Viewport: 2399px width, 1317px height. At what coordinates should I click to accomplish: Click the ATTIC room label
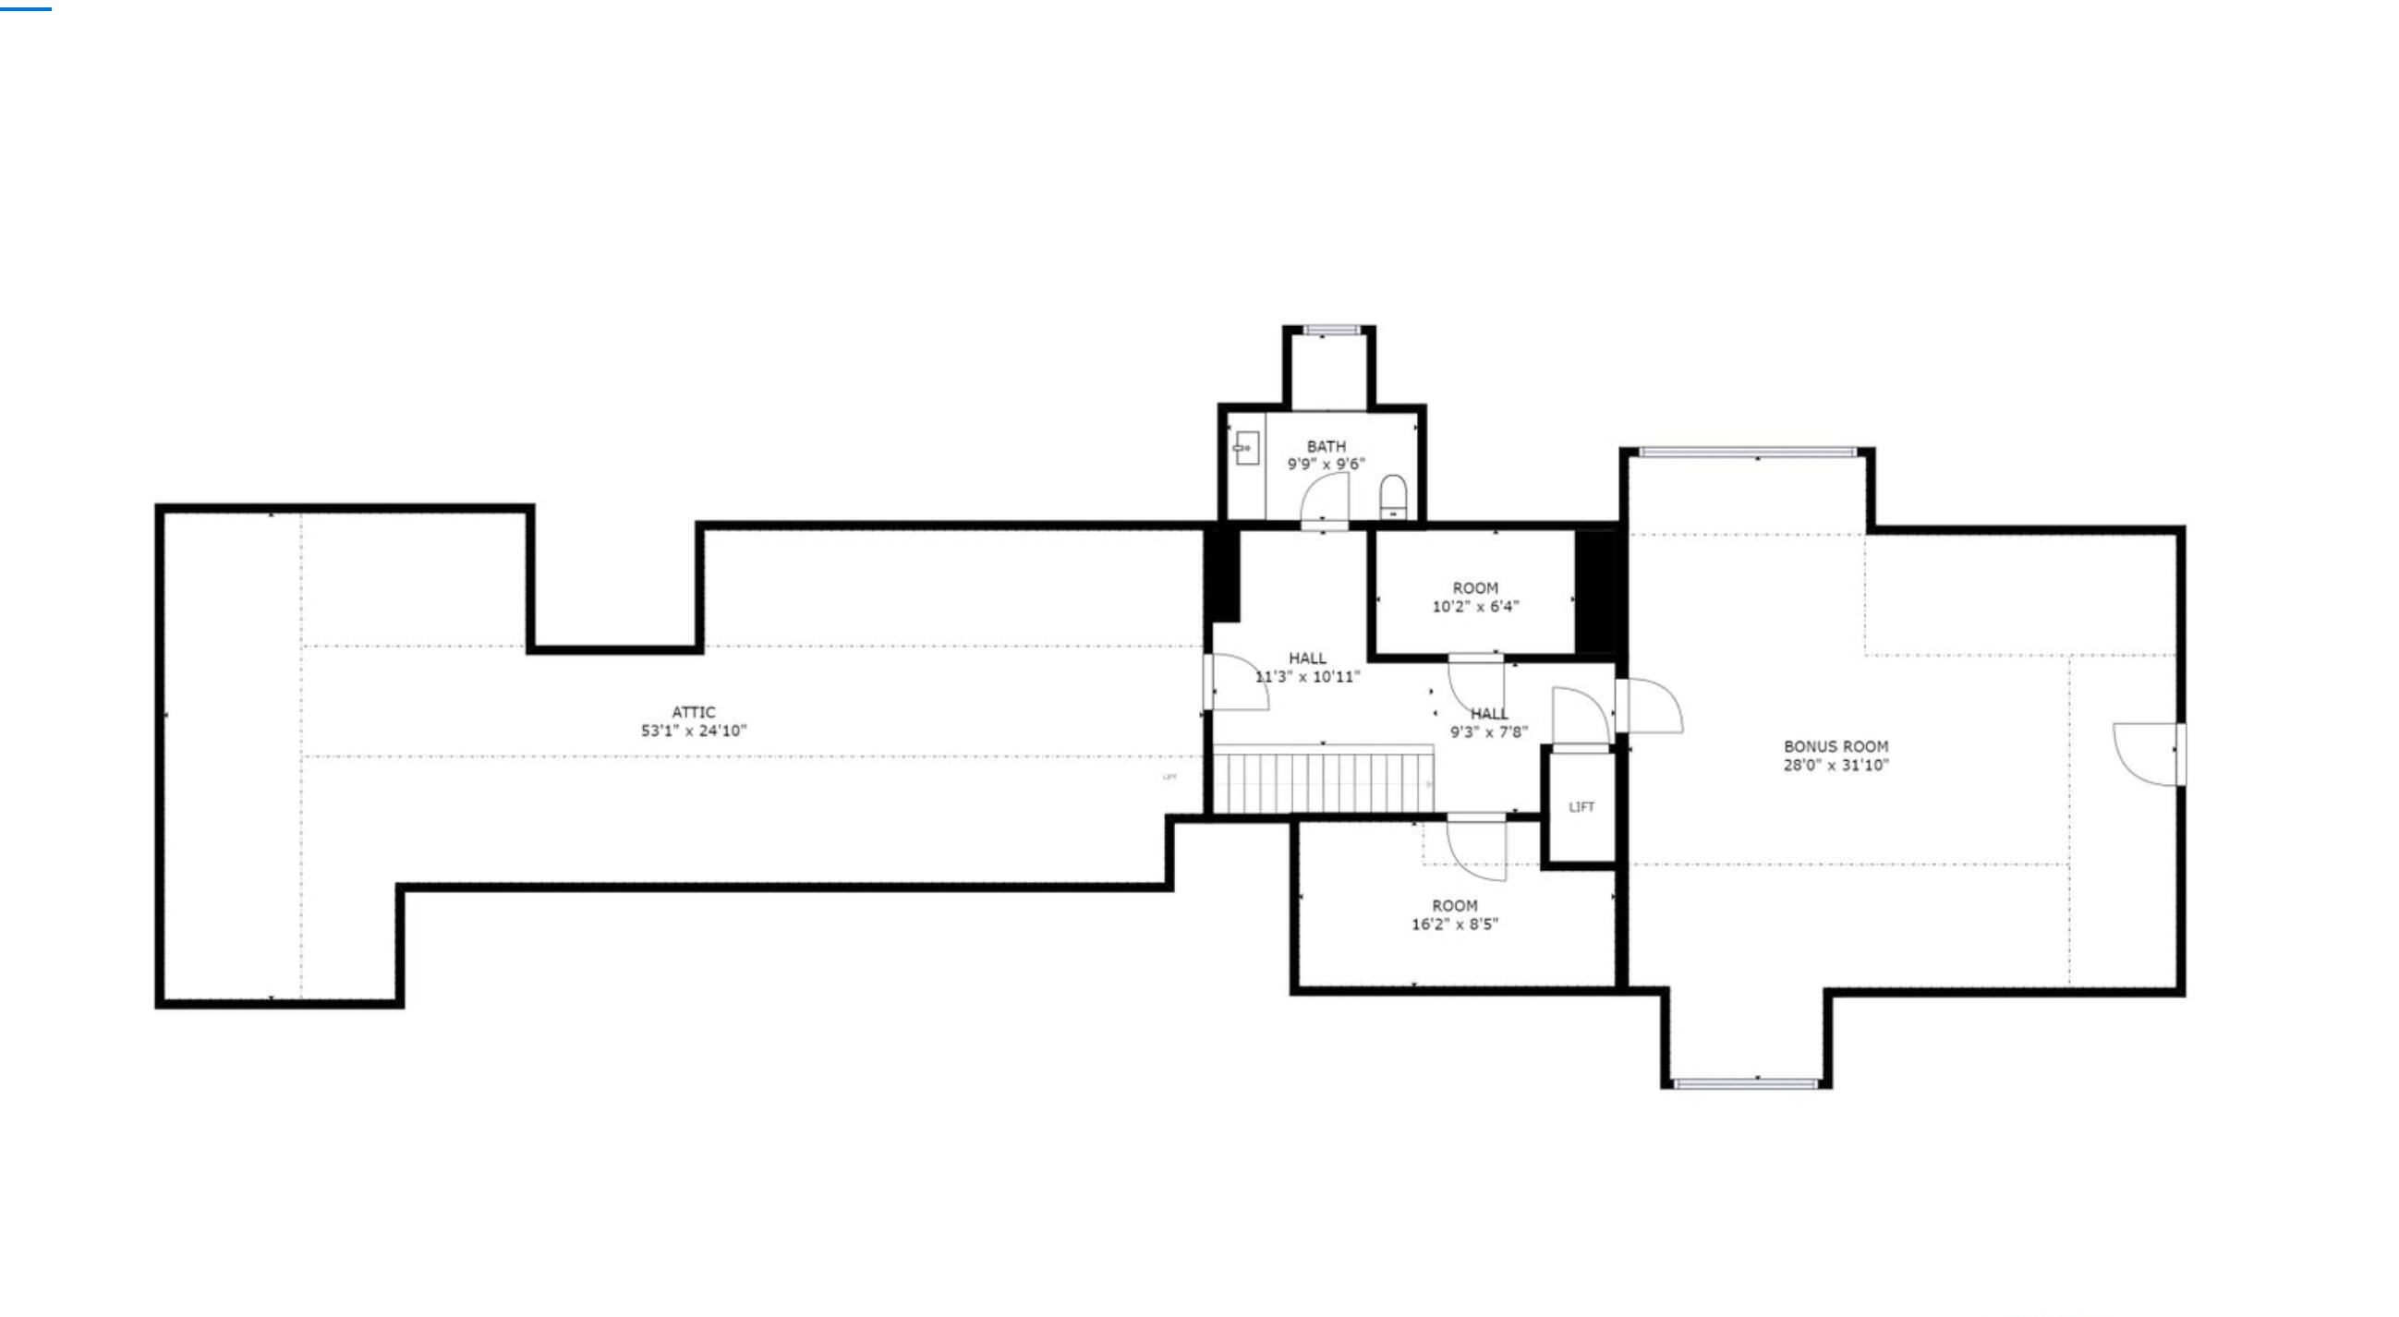tap(694, 712)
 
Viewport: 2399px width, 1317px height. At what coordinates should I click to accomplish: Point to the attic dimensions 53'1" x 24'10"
tap(694, 731)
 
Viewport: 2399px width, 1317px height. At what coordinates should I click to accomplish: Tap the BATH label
tap(1327, 447)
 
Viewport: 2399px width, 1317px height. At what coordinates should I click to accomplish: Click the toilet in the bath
tap(1392, 495)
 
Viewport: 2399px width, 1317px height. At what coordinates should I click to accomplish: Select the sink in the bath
tap(1247, 448)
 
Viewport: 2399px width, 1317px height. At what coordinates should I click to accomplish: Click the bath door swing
tap(1325, 501)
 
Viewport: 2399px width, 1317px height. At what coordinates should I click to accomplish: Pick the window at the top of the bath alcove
tap(1332, 330)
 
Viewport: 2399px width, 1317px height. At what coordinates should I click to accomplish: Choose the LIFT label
tap(1581, 807)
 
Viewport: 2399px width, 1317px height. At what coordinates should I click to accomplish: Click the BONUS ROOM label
tap(1836, 747)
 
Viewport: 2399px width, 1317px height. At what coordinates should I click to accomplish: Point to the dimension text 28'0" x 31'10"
tap(1836, 766)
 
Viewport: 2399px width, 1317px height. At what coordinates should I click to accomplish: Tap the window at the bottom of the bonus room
tap(1746, 1083)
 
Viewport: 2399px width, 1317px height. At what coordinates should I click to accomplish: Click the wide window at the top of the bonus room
tap(1747, 453)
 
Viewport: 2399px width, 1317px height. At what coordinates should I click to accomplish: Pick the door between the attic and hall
tap(1236, 683)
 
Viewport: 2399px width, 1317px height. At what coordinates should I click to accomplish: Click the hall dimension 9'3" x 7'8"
tap(1489, 732)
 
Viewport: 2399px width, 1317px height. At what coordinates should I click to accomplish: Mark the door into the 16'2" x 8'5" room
tap(1477, 847)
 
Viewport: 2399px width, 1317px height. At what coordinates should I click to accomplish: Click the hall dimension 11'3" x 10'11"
tap(1307, 677)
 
